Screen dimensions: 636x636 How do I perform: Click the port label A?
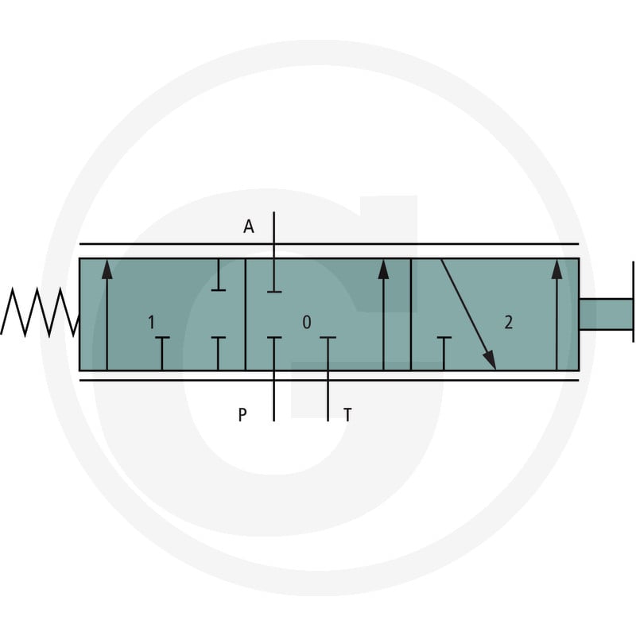(249, 227)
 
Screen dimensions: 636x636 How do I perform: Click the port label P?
(242, 415)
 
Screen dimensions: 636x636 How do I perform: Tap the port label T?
(347, 415)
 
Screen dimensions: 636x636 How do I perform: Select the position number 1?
(151, 322)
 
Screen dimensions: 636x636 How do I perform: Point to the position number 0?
(307, 322)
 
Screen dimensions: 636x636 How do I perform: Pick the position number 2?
(508, 322)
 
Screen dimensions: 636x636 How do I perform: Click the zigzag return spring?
(39, 312)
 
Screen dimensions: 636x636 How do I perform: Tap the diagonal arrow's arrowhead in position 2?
(490, 359)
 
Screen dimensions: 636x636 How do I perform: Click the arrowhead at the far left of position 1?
(107, 270)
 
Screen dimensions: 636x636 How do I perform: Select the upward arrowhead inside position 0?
(383, 270)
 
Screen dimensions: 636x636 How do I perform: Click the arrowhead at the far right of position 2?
(557, 270)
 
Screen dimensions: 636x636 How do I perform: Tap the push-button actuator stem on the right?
(606, 314)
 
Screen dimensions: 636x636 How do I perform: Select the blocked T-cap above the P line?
(274, 337)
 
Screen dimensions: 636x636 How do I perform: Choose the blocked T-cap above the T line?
(328, 337)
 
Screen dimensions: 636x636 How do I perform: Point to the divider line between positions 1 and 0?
(246, 314)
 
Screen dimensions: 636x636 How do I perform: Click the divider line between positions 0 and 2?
(411, 314)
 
